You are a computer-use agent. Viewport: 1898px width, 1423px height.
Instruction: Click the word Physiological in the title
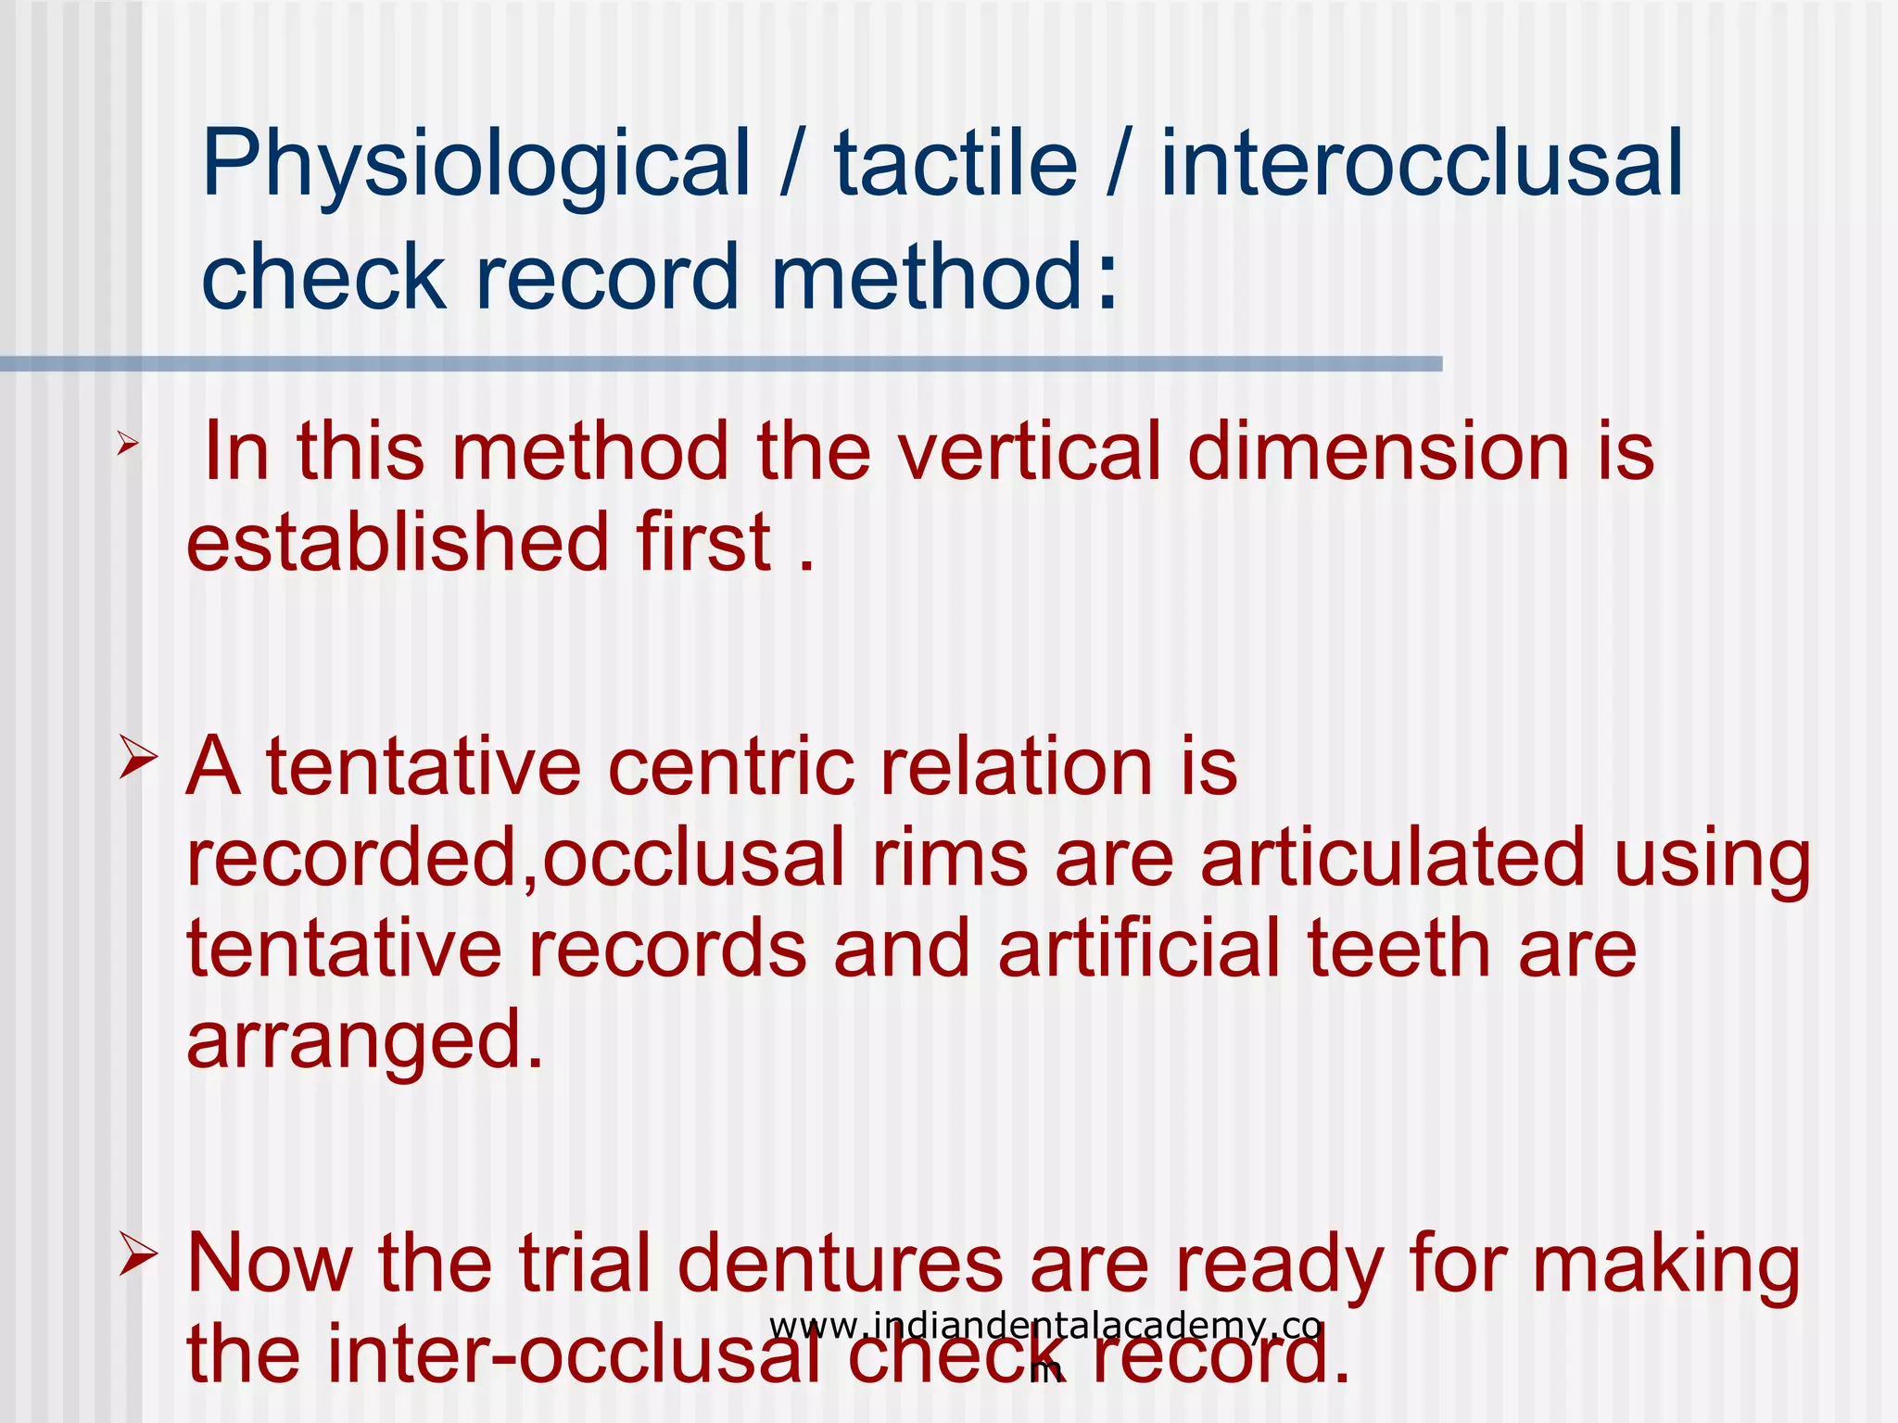coord(475,165)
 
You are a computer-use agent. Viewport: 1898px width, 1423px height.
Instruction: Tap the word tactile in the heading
coord(955,165)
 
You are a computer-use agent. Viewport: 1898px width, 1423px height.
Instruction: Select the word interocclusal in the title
coord(1422,165)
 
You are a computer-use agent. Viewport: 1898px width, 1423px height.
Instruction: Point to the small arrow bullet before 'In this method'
coord(128,446)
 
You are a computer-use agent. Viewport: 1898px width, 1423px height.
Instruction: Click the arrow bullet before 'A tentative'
coord(137,757)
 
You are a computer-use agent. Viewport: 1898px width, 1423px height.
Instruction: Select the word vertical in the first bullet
coord(1029,451)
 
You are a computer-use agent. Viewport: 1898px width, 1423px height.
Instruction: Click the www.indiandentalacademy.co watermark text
coord(1044,1327)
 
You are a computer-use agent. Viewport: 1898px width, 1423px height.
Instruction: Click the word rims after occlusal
coord(950,858)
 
